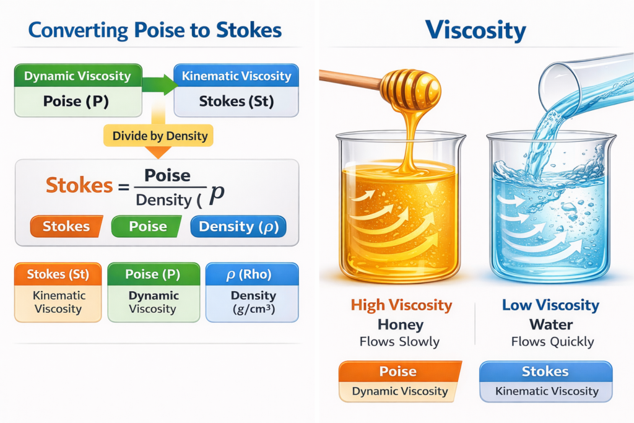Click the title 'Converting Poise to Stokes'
click(x=155, y=30)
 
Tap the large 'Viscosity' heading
click(x=475, y=30)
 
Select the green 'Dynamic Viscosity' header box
click(x=78, y=76)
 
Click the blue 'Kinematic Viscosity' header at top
click(x=236, y=76)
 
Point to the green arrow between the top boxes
click(x=160, y=84)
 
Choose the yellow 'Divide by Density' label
click(x=158, y=136)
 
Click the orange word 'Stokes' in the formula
click(x=79, y=185)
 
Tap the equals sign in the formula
click(x=123, y=187)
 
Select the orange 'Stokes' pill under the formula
click(x=66, y=227)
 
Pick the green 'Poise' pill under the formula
click(x=146, y=227)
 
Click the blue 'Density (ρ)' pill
click(x=238, y=227)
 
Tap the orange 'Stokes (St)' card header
click(x=58, y=274)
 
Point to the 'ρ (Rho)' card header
click(x=252, y=274)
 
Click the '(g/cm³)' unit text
click(x=253, y=310)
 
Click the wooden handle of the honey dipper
click(x=350, y=78)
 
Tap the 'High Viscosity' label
click(x=401, y=305)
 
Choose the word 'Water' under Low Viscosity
click(x=551, y=325)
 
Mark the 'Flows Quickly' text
click(x=552, y=342)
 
